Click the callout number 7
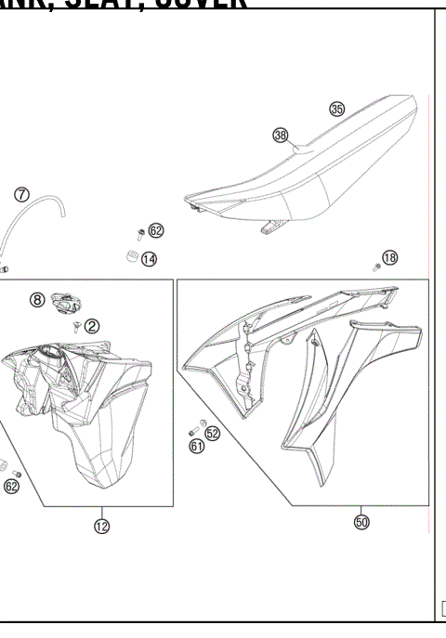(x=21, y=194)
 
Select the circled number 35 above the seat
(x=336, y=109)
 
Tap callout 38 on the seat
(x=281, y=136)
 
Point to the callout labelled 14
(x=149, y=259)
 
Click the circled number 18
(x=390, y=257)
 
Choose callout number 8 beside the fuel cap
(x=37, y=300)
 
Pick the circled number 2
(x=92, y=326)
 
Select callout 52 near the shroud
(x=212, y=433)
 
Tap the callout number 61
(x=197, y=447)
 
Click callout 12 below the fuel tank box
(x=101, y=527)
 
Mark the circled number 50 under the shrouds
(x=362, y=522)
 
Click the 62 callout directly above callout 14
(x=155, y=230)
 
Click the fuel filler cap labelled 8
(x=64, y=301)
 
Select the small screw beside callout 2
(x=74, y=326)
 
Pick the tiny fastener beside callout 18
(x=377, y=266)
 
